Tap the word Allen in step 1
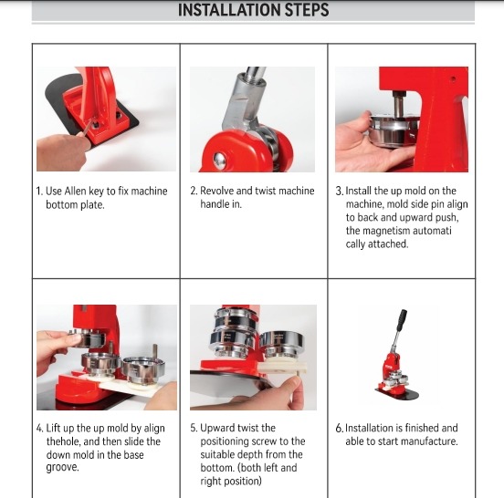(x=75, y=191)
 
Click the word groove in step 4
(x=62, y=468)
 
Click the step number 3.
(x=340, y=191)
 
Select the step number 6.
(x=340, y=428)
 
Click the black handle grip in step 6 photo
(x=401, y=320)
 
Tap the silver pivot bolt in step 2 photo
(x=219, y=158)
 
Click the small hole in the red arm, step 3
(x=453, y=78)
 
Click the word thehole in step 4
(x=63, y=441)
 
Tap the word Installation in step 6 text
(x=369, y=428)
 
